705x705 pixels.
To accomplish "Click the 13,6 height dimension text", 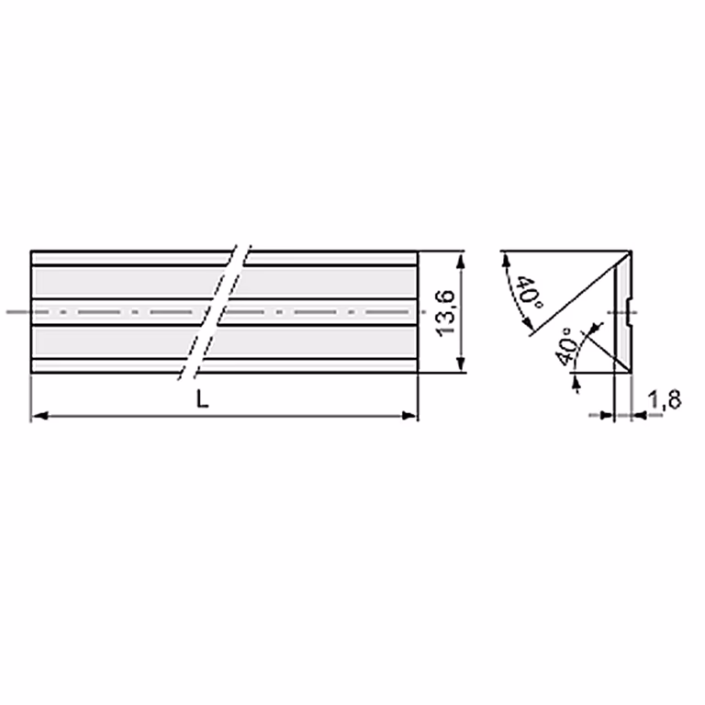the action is click(x=446, y=312).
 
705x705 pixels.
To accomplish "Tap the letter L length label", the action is click(x=203, y=398).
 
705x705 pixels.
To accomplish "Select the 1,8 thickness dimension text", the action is click(x=666, y=399).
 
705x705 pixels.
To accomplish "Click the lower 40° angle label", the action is click(x=566, y=347).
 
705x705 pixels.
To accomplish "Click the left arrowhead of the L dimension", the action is click(x=39, y=416).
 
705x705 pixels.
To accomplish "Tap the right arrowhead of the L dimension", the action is click(x=409, y=416).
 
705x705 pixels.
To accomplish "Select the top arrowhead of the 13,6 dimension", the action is click(x=461, y=260).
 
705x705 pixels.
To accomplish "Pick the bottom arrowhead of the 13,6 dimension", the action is click(x=461, y=364).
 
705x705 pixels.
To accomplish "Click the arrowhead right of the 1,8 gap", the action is click(x=639, y=416).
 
